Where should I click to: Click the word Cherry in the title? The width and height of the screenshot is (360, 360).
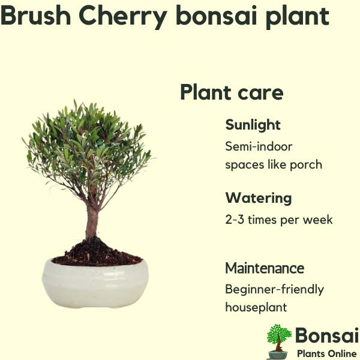pos(123,17)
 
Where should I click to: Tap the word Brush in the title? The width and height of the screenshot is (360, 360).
pos(35,15)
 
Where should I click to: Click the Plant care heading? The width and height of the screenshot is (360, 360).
pos(232,92)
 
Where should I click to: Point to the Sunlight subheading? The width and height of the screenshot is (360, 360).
pos(253,125)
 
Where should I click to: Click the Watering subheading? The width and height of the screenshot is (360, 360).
pos(259,198)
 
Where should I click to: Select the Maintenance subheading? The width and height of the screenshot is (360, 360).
pos(265,268)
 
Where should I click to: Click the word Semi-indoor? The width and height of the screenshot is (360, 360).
pos(259,146)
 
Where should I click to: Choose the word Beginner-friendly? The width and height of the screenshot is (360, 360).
pos(274,290)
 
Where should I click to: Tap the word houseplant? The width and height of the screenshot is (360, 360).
pos(256,308)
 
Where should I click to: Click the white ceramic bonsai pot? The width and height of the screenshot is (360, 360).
pos(95,284)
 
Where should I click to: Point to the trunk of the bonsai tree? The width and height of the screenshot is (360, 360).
pos(92,220)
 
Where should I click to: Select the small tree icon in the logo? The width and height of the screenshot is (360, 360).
pos(279,341)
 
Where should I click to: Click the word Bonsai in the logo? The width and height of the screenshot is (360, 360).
pos(327,335)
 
